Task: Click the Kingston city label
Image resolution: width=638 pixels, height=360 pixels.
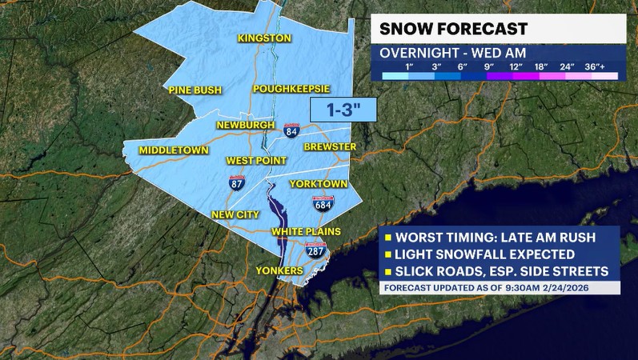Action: click(x=264, y=38)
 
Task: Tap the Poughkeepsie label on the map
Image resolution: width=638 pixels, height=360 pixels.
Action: click(x=291, y=89)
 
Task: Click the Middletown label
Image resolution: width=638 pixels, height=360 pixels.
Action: click(x=174, y=150)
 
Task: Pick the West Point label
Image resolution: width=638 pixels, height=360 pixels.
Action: click(x=251, y=160)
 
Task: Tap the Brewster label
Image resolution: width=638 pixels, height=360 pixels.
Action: click(x=330, y=147)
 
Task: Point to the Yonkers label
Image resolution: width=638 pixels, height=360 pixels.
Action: click(x=279, y=271)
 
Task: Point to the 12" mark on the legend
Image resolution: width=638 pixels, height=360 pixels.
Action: click(x=516, y=65)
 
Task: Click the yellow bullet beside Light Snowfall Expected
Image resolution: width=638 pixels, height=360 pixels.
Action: click(x=387, y=254)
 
